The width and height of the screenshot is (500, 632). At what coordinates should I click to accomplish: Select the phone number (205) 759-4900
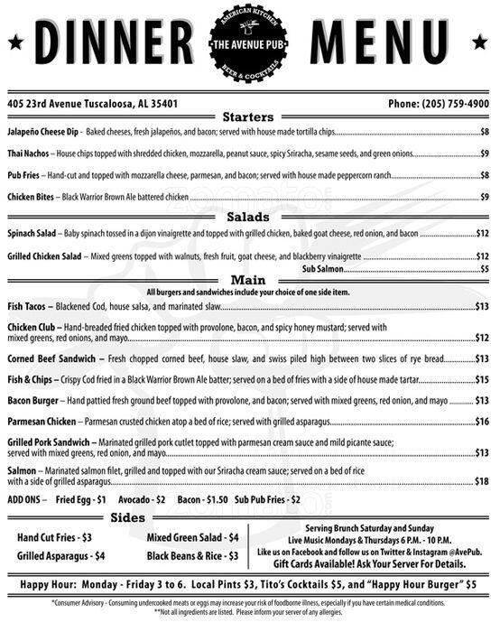pos(440,103)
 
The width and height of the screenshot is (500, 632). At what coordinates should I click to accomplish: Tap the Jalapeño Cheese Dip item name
pos(42,133)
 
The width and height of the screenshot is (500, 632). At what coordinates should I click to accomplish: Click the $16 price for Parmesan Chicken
pos(482,421)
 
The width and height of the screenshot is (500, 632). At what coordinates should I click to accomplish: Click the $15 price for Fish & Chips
pos(482,379)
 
